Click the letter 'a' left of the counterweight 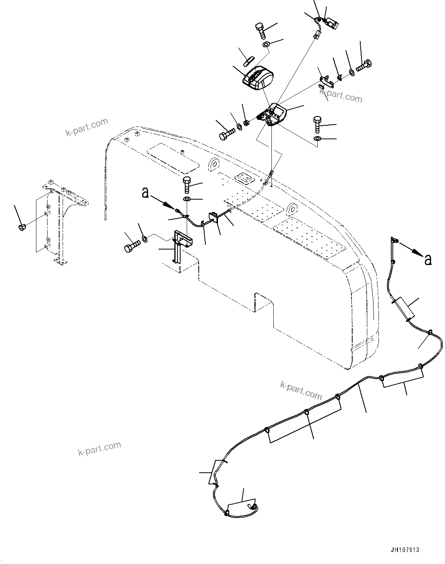[145, 193]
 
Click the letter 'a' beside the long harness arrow [428, 260]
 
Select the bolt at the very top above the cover [261, 31]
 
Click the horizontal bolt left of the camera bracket [227, 134]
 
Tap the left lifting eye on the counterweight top [213, 164]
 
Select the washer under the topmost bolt [266, 45]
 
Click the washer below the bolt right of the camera [317, 138]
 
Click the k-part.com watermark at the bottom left [99, 449]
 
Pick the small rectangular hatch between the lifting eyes [243, 178]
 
